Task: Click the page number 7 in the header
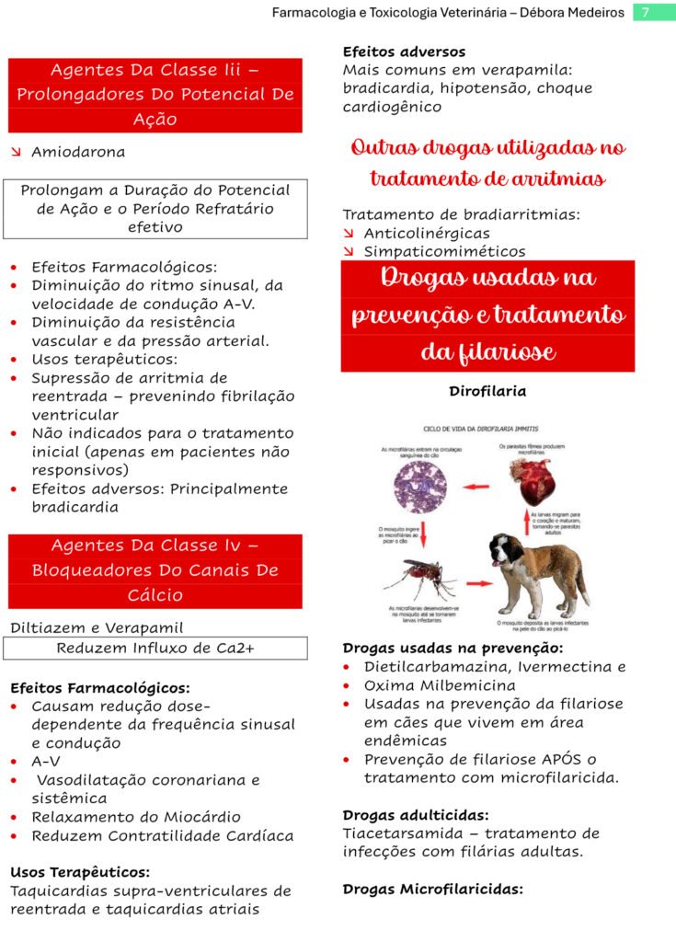pos(646,13)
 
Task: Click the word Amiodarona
pos(78,152)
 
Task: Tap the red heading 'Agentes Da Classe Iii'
pos(155,70)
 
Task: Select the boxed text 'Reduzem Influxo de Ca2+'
pos(155,648)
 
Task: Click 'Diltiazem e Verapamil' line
pos(97,628)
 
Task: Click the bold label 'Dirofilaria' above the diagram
pos(487,391)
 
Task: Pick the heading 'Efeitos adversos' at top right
pos(404,52)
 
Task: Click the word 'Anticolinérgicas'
pos(427,234)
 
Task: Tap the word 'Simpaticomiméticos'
pos(444,251)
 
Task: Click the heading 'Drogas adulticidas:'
pos(416,815)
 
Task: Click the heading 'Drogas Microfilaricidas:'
pos(432,890)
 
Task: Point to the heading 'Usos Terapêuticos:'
pos(80,872)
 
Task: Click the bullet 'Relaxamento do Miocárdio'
pos(136,817)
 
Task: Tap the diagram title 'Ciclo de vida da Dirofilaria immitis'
pos(481,430)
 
